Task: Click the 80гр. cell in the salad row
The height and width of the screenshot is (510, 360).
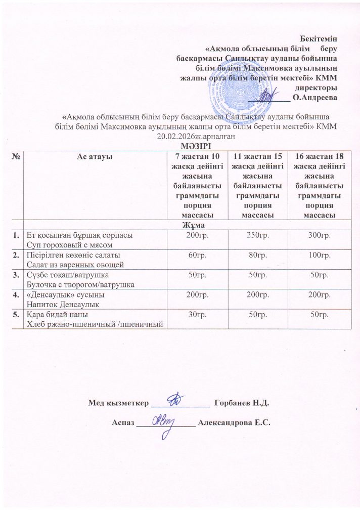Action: click(x=257, y=254)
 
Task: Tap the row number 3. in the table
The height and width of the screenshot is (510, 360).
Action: click(x=17, y=275)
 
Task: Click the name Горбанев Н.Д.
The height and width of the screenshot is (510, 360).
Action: click(x=242, y=403)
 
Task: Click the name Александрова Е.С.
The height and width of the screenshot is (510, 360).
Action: click(x=235, y=423)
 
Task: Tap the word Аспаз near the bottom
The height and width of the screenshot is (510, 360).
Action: click(x=123, y=423)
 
